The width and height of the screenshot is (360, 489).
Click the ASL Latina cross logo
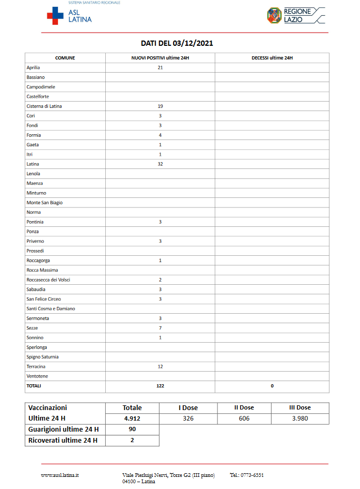pos(55,16)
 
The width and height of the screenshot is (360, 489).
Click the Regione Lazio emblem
pos(275,15)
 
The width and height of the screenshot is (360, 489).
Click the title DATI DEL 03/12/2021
pos(177,43)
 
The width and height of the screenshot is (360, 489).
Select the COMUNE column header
pos(65,58)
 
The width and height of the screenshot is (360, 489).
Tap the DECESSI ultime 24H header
pos(272,58)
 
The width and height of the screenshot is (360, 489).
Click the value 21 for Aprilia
pos(160,67)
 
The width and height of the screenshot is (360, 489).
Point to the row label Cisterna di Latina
pos(44,106)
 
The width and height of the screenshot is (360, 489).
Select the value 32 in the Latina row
pos(160,164)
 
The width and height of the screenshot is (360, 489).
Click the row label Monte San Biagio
pos(45,203)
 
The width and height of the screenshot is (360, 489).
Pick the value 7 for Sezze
pos(160,328)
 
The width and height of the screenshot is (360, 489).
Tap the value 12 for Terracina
pos(160,366)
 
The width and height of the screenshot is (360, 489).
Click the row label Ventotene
pos(37,376)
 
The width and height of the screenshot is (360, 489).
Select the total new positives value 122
pos(160,386)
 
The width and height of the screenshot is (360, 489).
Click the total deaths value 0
pos(272,386)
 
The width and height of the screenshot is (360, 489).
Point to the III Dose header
pos(300,407)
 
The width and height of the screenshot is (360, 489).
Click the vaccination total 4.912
pos(132,418)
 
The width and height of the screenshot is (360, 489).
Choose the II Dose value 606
pos(244,418)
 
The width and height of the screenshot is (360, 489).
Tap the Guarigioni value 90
pos(132,430)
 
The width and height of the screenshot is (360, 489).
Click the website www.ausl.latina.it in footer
pos(60,475)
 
